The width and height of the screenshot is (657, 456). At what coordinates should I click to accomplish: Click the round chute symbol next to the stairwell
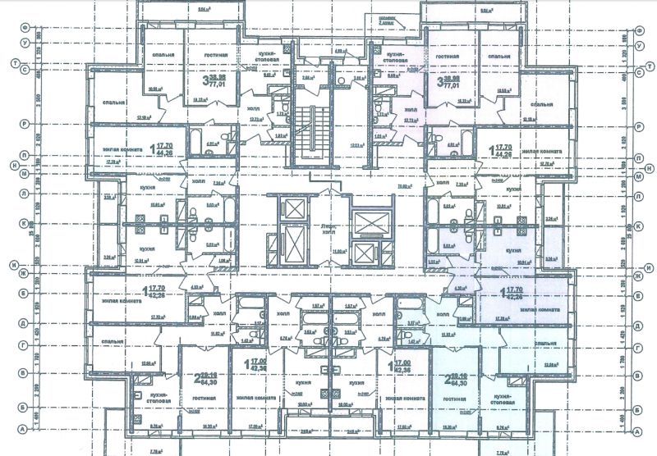coord(339,82)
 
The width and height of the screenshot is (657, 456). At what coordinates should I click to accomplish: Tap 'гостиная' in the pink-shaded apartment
coord(448,57)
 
